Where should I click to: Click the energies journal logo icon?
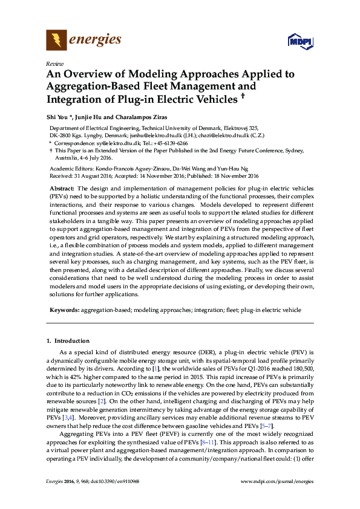56,41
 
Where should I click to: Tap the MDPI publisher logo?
299,42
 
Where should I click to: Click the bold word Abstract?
62,189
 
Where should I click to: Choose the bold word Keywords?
64,310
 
